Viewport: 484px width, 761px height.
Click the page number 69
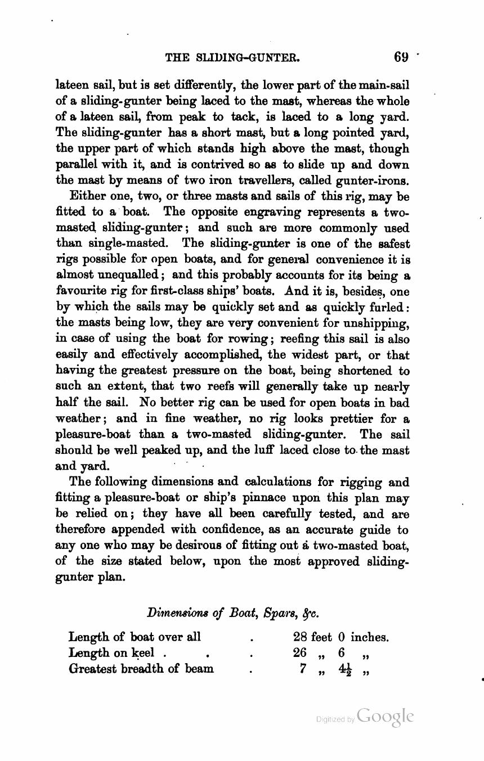point(401,57)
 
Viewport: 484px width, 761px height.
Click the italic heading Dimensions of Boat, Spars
point(233,612)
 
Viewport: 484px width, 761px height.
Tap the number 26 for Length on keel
point(300,653)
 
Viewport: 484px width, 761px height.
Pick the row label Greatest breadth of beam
point(141,669)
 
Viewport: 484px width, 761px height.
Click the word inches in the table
point(369,637)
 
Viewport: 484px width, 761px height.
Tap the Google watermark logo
point(385,717)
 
